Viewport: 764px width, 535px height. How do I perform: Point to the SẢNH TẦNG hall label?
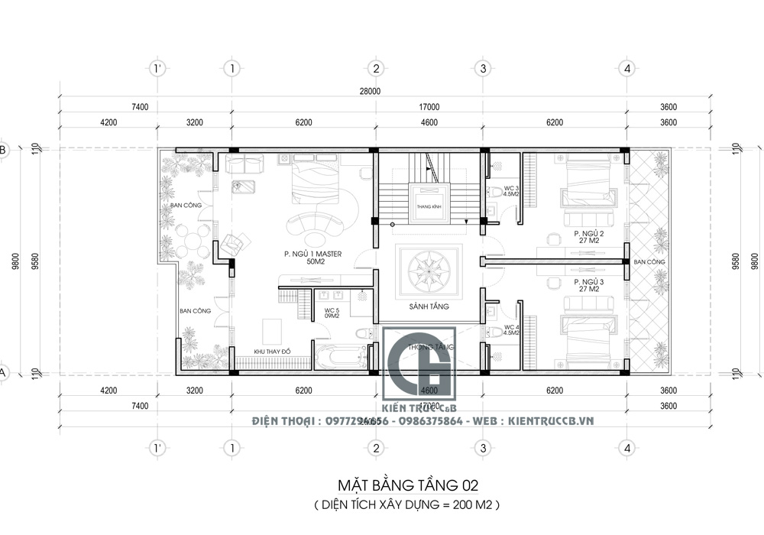(x=428, y=306)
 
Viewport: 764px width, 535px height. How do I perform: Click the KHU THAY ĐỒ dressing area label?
(x=273, y=352)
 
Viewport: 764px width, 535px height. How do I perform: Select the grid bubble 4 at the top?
(x=627, y=69)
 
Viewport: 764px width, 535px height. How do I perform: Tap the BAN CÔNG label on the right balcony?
(x=649, y=262)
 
